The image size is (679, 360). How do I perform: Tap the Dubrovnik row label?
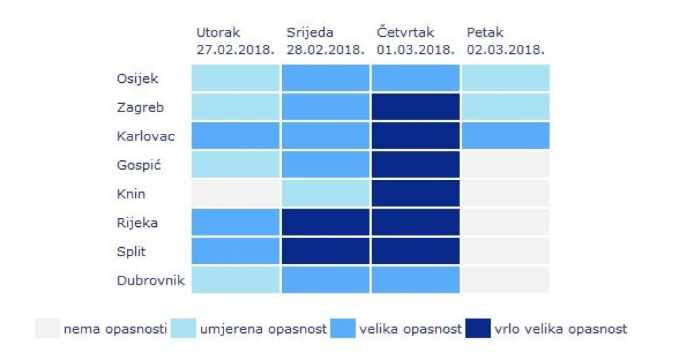click(149, 280)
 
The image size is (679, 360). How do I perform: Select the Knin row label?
click(130, 194)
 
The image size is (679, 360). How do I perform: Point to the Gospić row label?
click(139, 165)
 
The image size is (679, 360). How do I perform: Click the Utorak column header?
click(219, 33)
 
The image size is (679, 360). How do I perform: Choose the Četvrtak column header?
click(405, 33)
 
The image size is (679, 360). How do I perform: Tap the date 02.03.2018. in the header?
click(506, 50)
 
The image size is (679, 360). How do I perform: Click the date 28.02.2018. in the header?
click(325, 50)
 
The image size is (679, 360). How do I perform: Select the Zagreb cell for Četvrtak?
click(416, 107)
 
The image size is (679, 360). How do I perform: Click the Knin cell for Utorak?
click(236, 194)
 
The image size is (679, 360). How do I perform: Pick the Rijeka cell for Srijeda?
click(325, 222)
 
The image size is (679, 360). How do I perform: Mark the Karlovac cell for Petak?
click(506, 136)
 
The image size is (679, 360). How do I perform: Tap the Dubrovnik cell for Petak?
click(506, 280)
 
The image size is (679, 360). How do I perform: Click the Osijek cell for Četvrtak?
click(416, 78)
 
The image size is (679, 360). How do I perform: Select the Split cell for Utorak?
click(236, 251)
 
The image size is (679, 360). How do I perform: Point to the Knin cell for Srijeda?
click(325, 194)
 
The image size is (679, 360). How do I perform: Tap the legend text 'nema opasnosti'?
click(115, 329)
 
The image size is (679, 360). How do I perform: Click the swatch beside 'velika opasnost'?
click(342, 329)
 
